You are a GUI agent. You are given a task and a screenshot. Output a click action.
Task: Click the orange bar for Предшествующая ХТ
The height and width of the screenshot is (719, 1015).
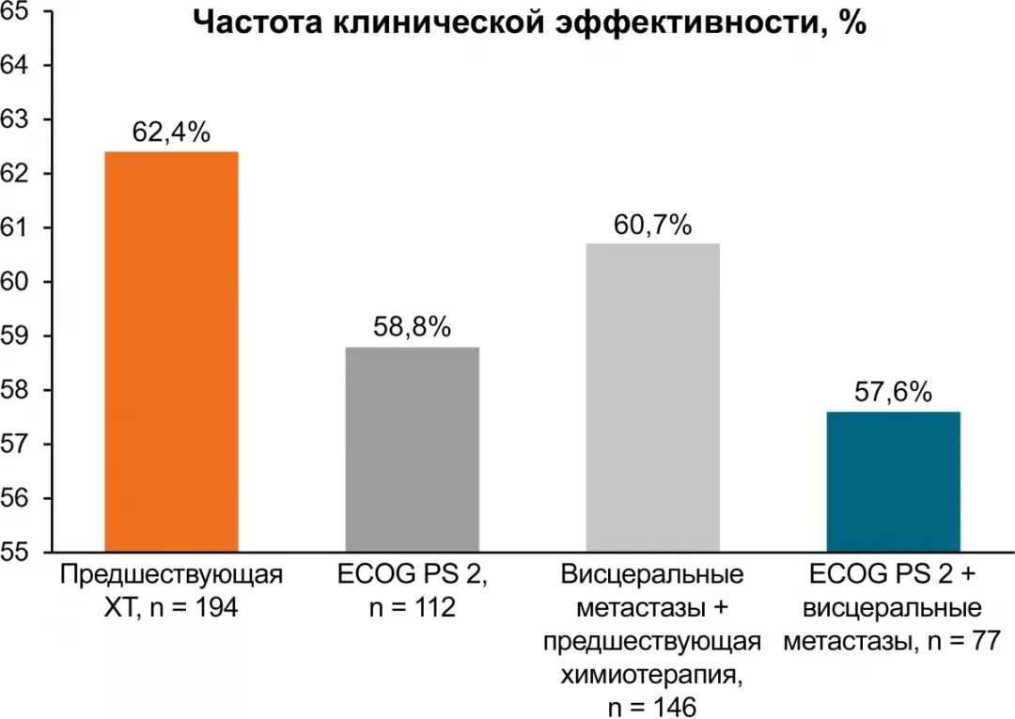coord(171,352)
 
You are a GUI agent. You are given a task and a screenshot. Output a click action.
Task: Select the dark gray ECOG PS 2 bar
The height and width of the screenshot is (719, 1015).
coord(412,449)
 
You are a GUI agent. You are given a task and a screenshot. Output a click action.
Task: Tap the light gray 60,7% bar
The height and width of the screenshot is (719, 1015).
coord(652,398)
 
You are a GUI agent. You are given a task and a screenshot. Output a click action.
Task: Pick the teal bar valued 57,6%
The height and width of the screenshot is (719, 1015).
coord(893,481)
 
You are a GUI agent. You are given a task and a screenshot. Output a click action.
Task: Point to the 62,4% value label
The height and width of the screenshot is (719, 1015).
coord(171,133)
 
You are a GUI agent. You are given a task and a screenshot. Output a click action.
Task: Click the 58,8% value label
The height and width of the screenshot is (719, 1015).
coord(412,328)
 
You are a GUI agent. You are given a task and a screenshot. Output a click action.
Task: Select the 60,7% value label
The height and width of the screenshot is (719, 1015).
coord(652,225)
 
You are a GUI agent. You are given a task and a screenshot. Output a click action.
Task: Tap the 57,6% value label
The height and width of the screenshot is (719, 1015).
coord(893,393)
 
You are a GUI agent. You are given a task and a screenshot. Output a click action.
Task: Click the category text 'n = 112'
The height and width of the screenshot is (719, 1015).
coord(412,608)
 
